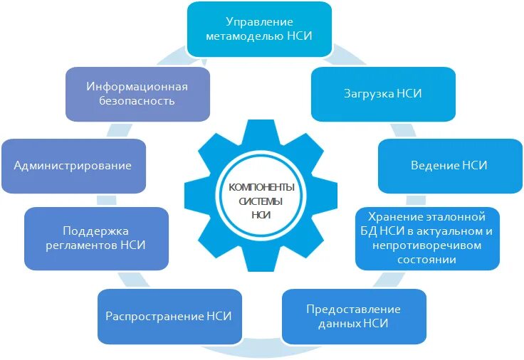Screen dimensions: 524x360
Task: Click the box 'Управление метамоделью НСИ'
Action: click(260, 29)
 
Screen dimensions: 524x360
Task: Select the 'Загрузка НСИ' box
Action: click(383, 94)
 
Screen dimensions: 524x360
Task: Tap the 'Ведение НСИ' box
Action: click(449, 166)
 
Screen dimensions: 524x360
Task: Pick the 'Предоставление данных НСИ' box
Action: click(354, 317)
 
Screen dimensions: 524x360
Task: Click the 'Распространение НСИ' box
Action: click(169, 316)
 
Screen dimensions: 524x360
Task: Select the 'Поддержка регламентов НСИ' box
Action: click(96, 238)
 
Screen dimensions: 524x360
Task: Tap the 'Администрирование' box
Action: click(73, 166)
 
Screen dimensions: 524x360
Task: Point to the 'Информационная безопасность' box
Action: click(137, 94)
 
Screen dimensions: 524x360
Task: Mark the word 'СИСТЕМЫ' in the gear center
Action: click(261, 201)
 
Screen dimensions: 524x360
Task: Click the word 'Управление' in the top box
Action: click(260, 22)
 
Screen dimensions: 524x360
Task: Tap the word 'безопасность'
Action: click(137, 101)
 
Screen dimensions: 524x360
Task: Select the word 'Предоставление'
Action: click(354, 309)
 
